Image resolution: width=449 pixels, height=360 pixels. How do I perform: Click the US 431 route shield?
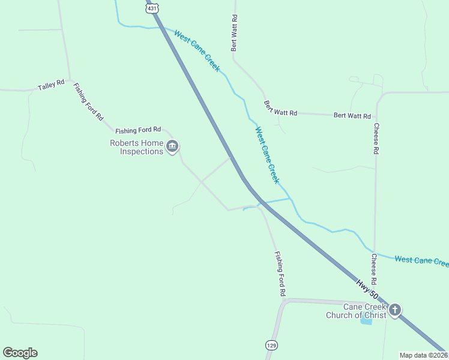point(152,7)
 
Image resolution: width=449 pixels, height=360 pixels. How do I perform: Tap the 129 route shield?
point(271,345)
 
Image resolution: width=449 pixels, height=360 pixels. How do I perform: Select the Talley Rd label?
point(51,86)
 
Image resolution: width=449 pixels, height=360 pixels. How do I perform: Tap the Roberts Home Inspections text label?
point(136,147)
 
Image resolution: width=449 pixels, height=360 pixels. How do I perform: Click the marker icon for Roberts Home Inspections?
point(172,146)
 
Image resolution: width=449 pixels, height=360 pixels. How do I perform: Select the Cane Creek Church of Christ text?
point(357,311)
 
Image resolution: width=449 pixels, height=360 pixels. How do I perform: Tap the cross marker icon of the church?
point(394,310)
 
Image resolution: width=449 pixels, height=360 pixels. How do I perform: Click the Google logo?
point(20,353)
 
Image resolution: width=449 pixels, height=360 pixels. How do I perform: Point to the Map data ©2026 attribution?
point(423,355)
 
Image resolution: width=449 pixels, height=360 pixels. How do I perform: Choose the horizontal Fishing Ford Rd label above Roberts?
point(139,129)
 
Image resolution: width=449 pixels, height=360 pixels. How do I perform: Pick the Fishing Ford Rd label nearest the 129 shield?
point(280,274)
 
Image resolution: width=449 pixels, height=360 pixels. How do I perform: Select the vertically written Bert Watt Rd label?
point(235,32)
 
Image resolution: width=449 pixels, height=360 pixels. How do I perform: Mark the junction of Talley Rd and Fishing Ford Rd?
point(71,80)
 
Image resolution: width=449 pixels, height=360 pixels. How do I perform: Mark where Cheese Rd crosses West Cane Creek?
point(375,251)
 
